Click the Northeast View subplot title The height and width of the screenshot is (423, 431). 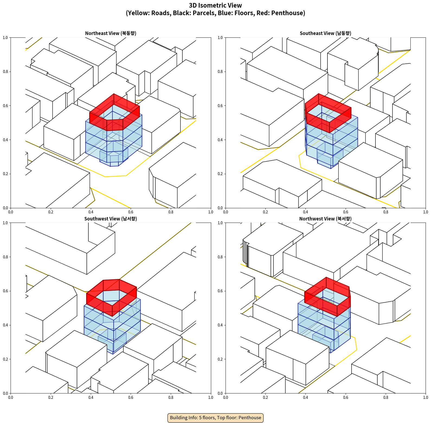[x=111, y=33]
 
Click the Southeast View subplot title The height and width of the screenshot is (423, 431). [x=325, y=33]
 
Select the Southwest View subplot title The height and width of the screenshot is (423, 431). [x=111, y=219]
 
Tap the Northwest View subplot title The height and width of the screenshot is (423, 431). [x=325, y=219]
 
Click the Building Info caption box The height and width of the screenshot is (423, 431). [x=215, y=418]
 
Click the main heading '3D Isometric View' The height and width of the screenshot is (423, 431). [x=215, y=5]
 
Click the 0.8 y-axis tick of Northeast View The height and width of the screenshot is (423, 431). [x=5, y=72]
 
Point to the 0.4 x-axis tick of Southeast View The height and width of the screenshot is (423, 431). [x=305, y=212]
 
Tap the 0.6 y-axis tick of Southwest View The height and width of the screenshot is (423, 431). [x=5, y=291]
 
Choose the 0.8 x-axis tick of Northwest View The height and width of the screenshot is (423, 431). [x=386, y=398]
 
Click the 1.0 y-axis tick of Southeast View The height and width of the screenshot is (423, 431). [x=220, y=38]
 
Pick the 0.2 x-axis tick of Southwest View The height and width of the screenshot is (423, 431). [x=51, y=398]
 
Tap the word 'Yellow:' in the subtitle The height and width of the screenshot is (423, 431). [x=138, y=13]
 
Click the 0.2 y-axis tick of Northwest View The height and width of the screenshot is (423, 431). [x=220, y=359]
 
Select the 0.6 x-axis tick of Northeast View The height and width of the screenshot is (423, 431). [x=131, y=212]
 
